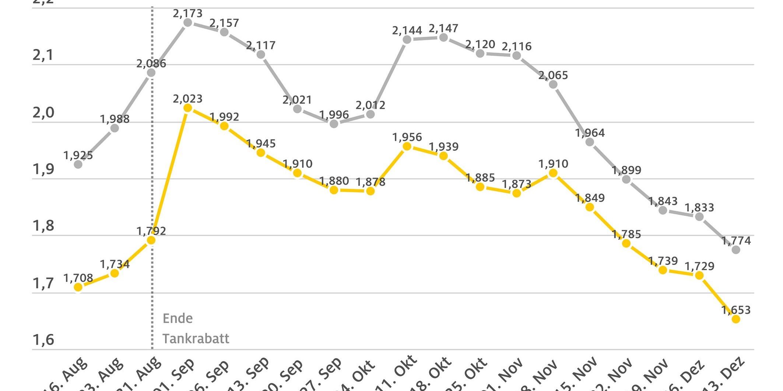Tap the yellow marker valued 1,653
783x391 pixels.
tap(735, 319)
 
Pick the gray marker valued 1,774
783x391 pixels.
tap(735, 249)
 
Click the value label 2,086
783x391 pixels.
tap(151, 64)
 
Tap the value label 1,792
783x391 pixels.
tap(151, 231)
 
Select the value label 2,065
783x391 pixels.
tap(553, 75)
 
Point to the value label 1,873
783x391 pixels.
tap(516, 184)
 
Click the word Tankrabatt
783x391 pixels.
tap(196, 338)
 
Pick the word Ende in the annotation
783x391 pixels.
tap(178, 318)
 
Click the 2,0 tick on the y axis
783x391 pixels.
tap(43, 113)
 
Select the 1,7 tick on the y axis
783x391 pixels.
tap(43, 284)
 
